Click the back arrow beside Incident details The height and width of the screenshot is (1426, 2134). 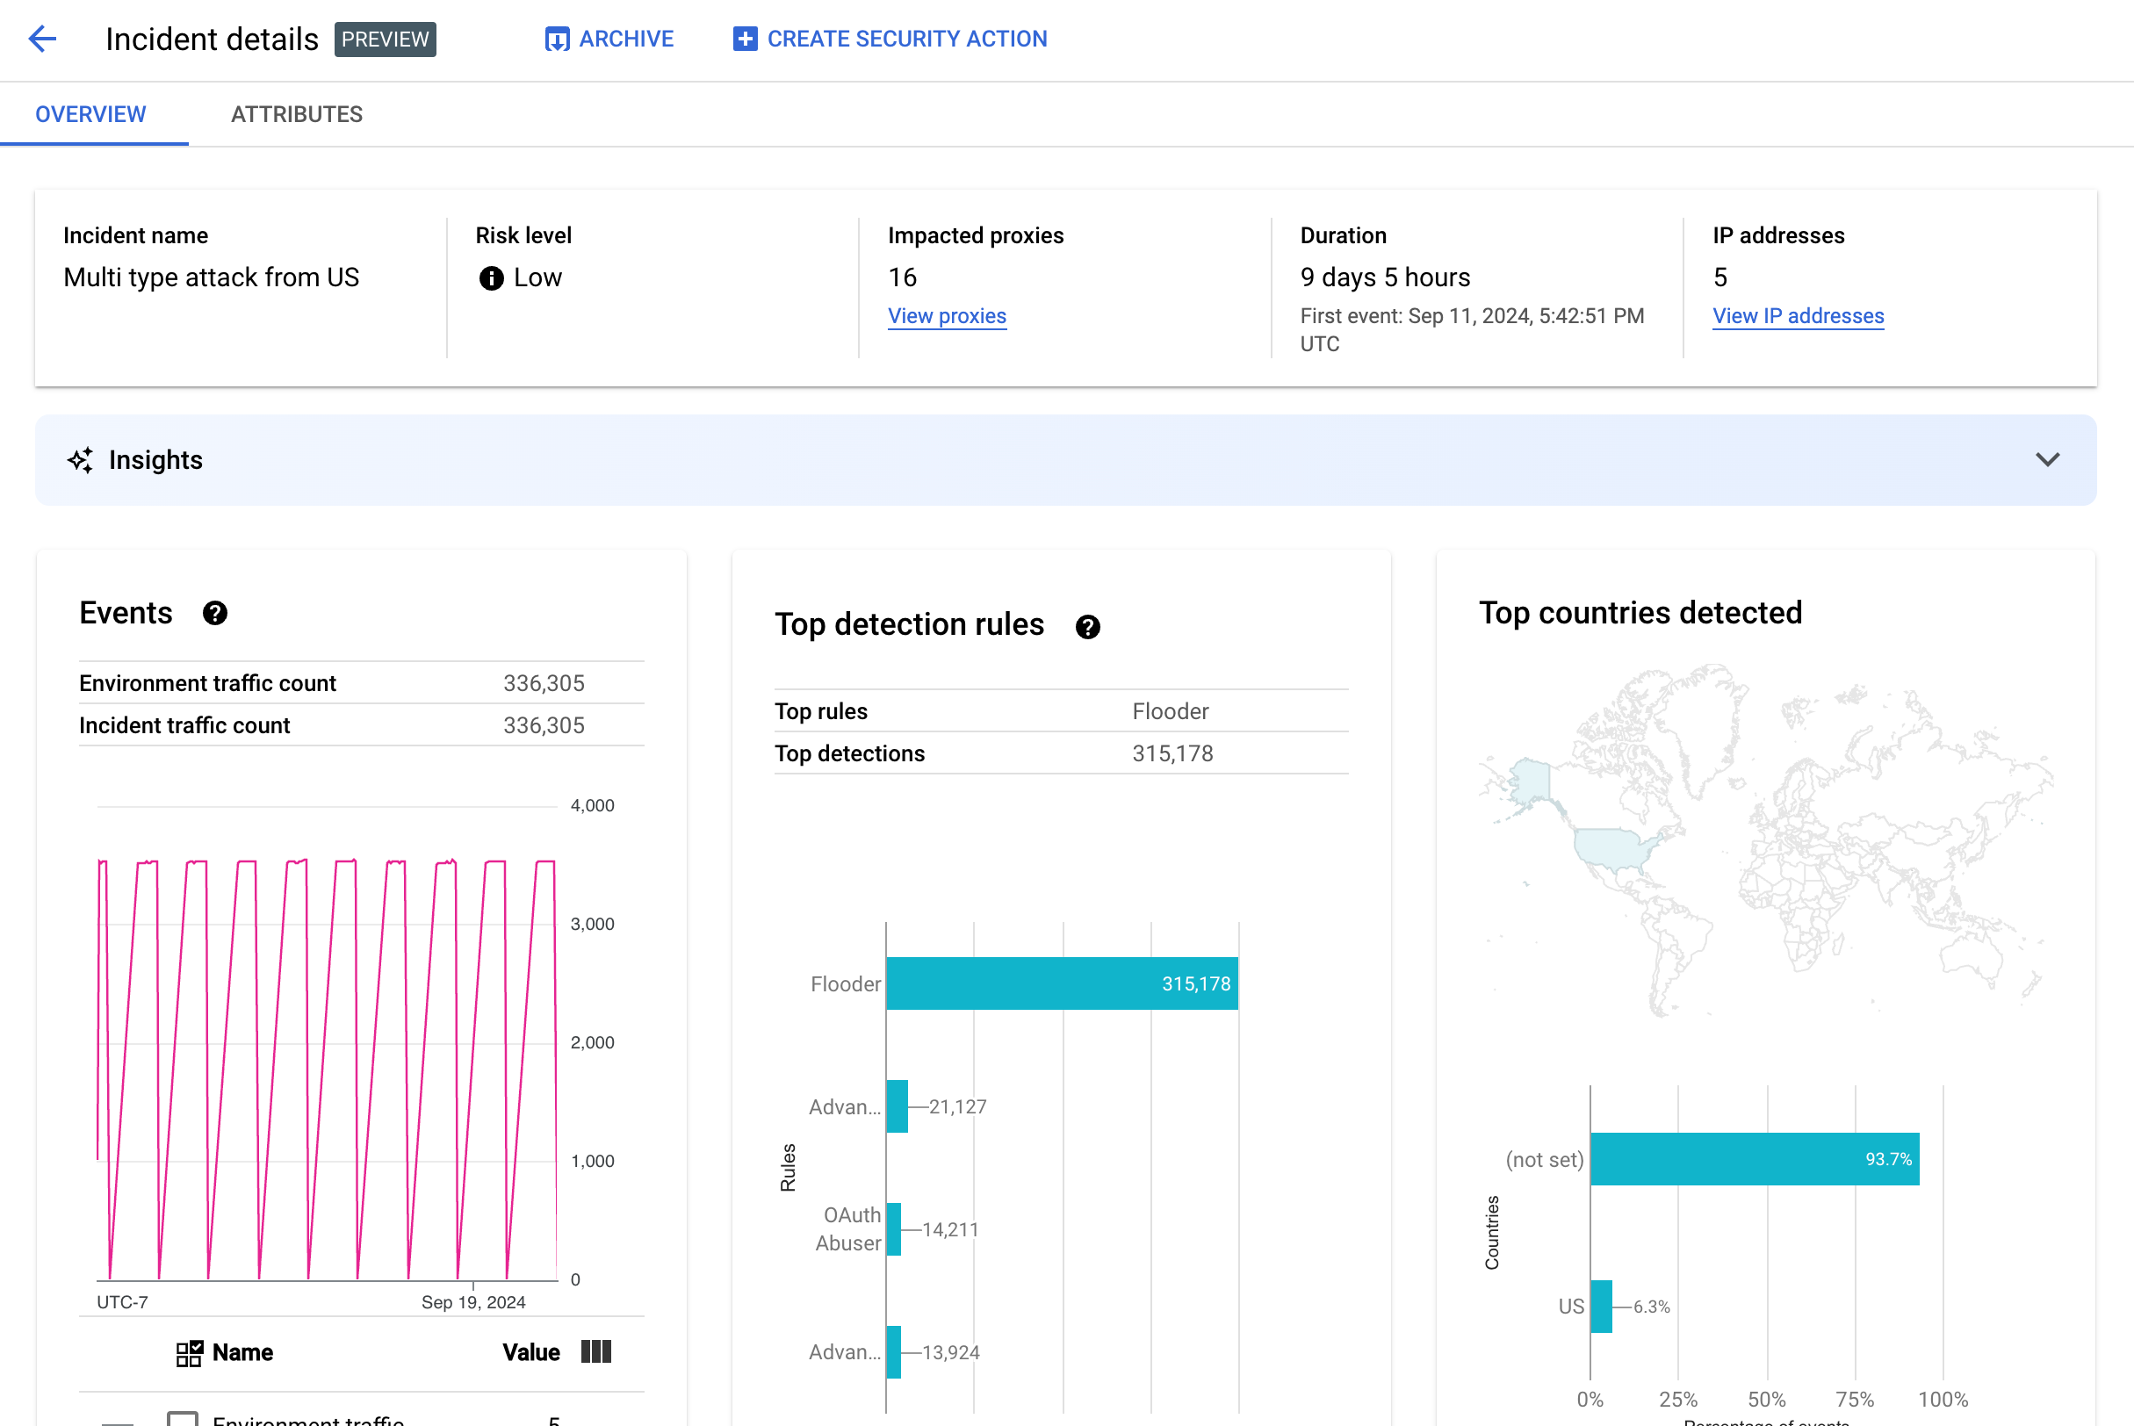pyautogui.click(x=43, y=39)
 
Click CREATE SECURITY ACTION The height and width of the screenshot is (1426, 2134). pyautogui.click(x=890, y=40)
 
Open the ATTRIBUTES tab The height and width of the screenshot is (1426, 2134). pyautogui.click(x=297, y=114)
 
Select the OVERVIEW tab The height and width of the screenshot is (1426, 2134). pyautogui.click(x=91, y=114)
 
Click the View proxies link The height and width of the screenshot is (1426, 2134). pyautogui.click(x=947, y=315)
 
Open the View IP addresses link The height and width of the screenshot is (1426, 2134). pyautogui.click(x=1798, y=315)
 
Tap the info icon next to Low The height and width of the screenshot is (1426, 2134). pyautogui.click(x=491, y=278)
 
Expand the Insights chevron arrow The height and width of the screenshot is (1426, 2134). pyautogui.click(x=2047, y=460)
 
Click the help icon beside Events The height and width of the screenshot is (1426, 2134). pyautogui.click(x=214, y=613)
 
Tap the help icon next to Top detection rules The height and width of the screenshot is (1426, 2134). pyautogui.click(x=1087, y=627)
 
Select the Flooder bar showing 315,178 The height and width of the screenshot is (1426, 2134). pyautogui.click(x=1062, y=983)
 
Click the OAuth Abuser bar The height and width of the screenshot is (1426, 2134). pyautogui.click(x=893, y=1229)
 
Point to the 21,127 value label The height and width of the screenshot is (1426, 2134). pyautogui.click(x=957, y=1106)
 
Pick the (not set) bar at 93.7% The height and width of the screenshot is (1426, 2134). pyautogui.click(x=1754, y=1159)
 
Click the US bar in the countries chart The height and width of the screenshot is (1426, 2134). pyautogui.click(x=1601, y=1306)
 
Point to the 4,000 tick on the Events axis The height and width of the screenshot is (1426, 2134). pyautogui.click(x=592, y=806)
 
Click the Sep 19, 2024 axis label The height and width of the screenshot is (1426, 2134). pyautogui.click(x=473, y=1302)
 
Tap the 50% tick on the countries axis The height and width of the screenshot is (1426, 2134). pyautogui.click(x=1767, y=1399)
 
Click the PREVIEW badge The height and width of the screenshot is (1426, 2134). pyautogui.click(x=385, y=40)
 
